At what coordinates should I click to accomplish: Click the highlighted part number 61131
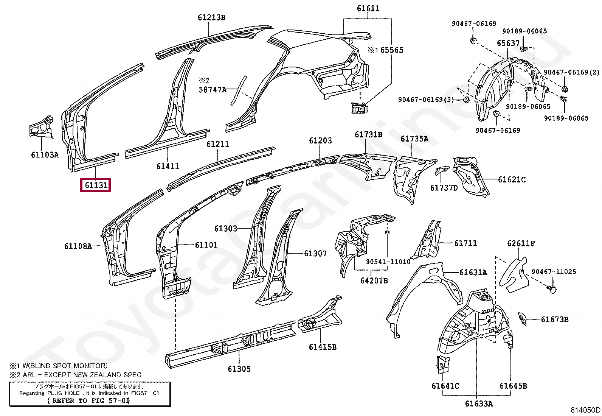[96, 185]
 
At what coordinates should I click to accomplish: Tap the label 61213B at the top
[211, 17]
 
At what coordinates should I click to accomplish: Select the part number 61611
[368, 8]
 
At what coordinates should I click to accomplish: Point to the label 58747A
[213, 90]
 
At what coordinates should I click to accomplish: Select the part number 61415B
[322, 347]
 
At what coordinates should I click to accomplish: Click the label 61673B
[554, 319]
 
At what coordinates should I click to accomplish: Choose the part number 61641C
[445, 386]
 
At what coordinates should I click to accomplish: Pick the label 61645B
[513, 386]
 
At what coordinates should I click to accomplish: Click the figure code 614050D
[585, 410]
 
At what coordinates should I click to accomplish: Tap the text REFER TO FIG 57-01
[88, 400]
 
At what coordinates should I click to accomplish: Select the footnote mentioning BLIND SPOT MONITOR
[59, 366]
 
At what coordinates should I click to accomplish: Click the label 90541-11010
[388, 262]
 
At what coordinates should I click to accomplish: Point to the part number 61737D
[444, 187]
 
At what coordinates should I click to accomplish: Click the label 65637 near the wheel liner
[508, 43]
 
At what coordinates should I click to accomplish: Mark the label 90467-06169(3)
[425, 100]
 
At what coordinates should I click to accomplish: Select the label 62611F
[521, 243]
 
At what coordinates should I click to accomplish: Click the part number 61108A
[78, 246]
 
